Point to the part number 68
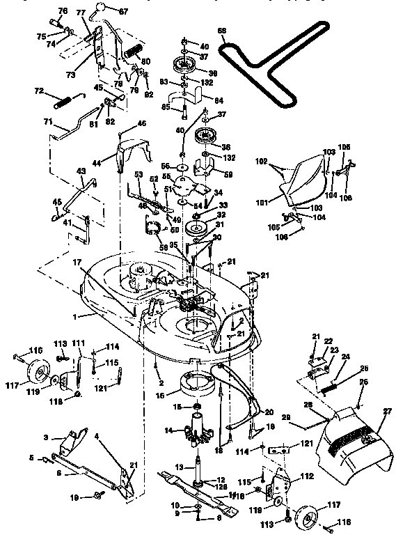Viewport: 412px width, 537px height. point(222,31)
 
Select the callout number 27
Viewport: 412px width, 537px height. point(386,412)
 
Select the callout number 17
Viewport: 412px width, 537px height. point(90,261)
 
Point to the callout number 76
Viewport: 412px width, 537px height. point(61,10)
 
